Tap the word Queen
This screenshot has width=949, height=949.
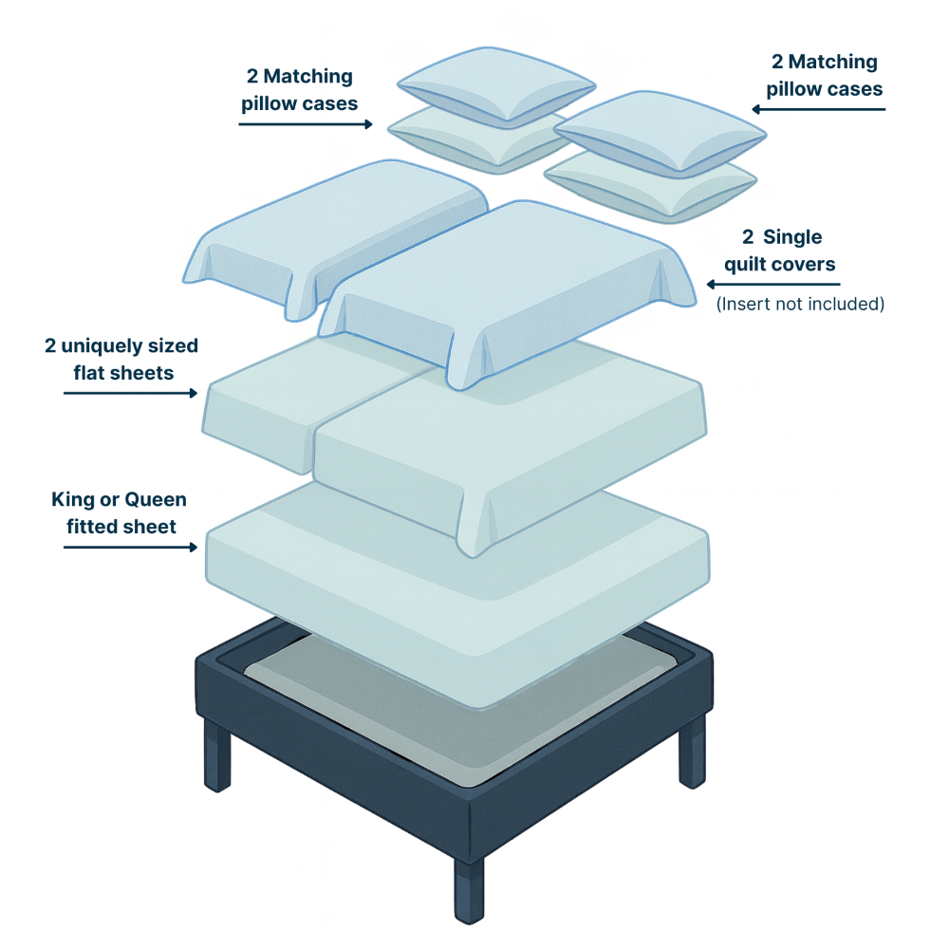[156, 500]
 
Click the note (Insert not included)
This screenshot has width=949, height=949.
[799, 305]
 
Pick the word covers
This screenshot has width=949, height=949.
[807, 263]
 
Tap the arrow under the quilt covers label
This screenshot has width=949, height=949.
[772, 284]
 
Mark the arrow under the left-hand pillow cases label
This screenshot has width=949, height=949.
[305, 123]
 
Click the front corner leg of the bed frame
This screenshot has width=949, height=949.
[468, 886]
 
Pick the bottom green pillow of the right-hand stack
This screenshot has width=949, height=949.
[655, 185]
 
